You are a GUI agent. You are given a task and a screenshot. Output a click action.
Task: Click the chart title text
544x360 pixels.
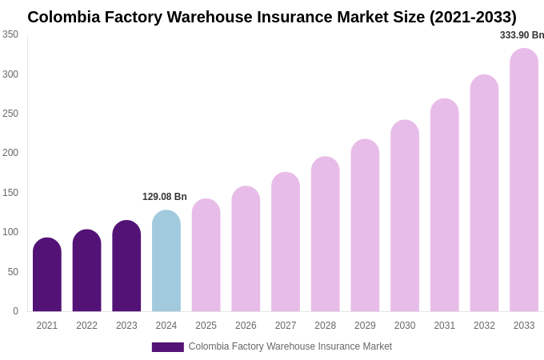click(x=272, y=17)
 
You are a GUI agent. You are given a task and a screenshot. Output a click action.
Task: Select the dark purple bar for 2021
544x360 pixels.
click(x=47, y=275)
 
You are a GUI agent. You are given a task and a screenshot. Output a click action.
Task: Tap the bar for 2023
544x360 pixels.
click(x=126, y=266)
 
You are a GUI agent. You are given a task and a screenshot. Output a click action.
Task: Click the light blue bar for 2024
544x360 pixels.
click(x=166, y=262)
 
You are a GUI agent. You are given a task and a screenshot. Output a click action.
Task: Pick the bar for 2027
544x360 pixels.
click(x=286, y=242)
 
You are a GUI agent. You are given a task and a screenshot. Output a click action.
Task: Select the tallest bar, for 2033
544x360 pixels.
click(x=524, y=180)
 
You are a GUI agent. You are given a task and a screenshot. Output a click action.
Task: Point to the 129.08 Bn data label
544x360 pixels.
click(x=165, y=197)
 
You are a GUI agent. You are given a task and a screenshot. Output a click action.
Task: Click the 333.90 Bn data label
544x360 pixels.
click(x=522, y=35)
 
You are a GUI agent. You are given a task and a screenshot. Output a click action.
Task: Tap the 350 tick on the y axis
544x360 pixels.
click(x=10, y=34)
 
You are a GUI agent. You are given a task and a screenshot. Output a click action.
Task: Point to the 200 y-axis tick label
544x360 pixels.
click(x=10, y=153)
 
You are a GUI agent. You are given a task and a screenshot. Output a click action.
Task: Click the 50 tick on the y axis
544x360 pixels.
click(x=13, y=272)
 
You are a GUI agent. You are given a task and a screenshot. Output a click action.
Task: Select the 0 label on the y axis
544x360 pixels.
click(x=15, y=311)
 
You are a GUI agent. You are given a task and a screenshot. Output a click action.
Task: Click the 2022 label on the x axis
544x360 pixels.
click(x=86, y=326)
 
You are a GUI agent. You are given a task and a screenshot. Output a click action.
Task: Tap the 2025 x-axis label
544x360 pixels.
click(x=206, y=326)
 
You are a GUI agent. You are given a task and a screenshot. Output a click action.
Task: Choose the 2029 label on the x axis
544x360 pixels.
click(x=365, y=326)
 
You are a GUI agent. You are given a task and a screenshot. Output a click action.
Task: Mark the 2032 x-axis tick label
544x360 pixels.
click(x=484, y=326)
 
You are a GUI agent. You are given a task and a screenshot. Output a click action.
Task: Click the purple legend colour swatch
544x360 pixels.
click(x=168, y=347)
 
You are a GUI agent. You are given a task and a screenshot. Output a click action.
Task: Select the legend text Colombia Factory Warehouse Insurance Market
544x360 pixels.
click(x=290, y=346)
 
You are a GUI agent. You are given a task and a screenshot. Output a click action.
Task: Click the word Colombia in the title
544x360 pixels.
click(x=64, y=17)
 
